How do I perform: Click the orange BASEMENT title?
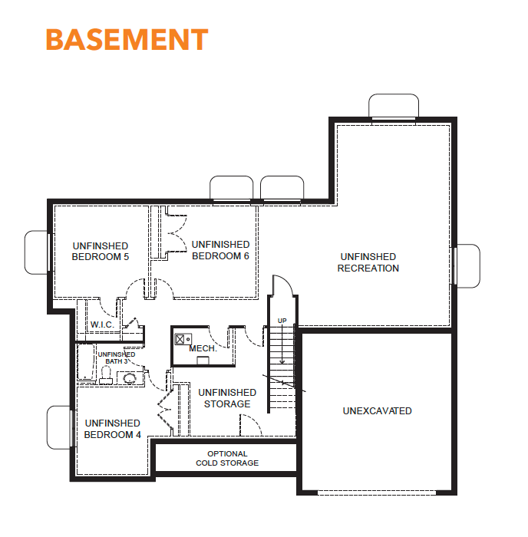click(x=127, y=39)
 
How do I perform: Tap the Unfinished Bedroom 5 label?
click(x=101, y=252)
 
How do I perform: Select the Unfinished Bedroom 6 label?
click(x=220, y=250)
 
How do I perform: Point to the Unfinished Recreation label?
click(x=368, y=262)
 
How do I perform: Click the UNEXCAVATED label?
click(x=378, y=410)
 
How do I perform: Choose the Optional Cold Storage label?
click(x=227, y=458)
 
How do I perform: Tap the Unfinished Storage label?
click(x=227, y=398)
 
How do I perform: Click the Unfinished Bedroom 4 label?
click(x=112, y=429)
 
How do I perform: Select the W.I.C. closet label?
click(x=102, y=325)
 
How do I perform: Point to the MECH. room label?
click(x=203, y=348)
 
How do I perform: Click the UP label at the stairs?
click(x=282, y=321)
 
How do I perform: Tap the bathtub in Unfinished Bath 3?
click(x=86, y=362)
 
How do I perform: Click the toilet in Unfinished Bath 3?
click(x=106, y=375)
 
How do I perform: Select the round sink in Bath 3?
click(x=130, y=378)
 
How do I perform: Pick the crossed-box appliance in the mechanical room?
click(x=180, y=339)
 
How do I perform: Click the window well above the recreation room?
click(x=394, y=106)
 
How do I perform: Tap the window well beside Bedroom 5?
click(x=36, y=252)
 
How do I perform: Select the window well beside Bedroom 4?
click(x=58, y=427)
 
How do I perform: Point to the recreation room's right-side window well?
click(x=468, y=265)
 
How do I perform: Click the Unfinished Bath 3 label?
click(x=117, y=358)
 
